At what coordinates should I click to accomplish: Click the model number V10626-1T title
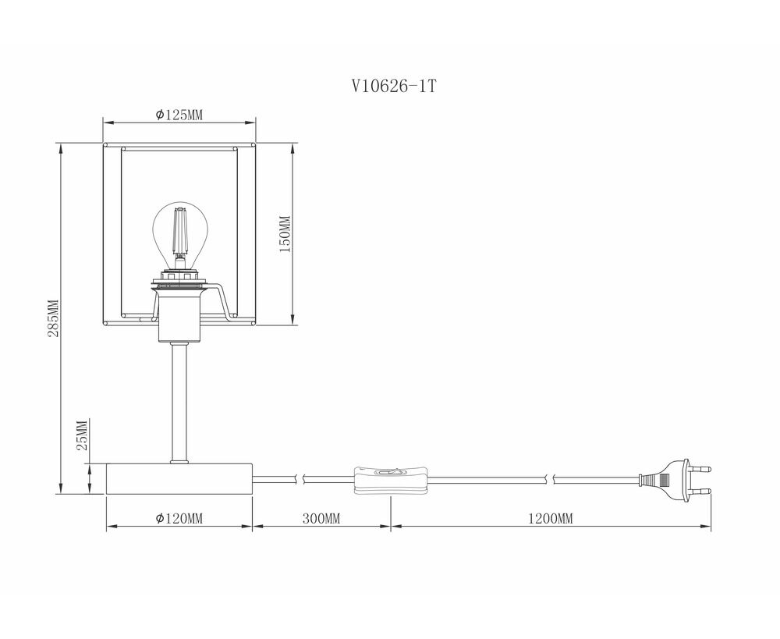[394, 87]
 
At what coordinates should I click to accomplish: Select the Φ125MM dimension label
[179, 115]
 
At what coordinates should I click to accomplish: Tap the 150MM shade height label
[284, 234]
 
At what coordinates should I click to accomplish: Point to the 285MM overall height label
[53, 318]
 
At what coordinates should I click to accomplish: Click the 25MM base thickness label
[83, 435]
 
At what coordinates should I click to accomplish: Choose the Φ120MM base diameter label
[179, 519]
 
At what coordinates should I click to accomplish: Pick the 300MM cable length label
[321, 519]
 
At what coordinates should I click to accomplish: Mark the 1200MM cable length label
[550, 519]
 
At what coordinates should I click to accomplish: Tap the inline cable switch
[391, 481]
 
